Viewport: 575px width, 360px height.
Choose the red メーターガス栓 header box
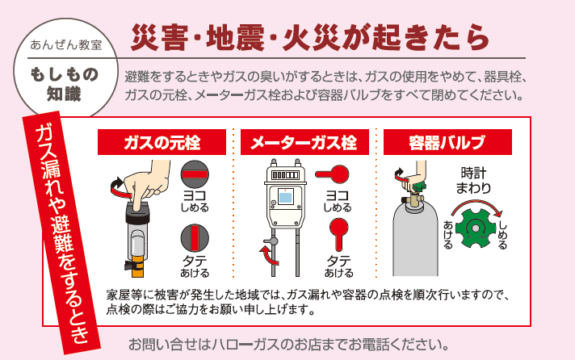pyautogui.click(x=304, y=143)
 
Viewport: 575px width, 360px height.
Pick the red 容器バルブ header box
pyautogui.click(x=446, y=143)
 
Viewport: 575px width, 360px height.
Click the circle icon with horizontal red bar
pyautogui.click(x=195, y=174)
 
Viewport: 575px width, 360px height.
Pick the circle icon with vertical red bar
pyautogui.click(x=195, y=238)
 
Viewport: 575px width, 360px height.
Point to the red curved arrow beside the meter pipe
pyautogui.click(x=264, y=256)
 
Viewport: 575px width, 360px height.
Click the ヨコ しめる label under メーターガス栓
pyautogui.click(x=338, y=202)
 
